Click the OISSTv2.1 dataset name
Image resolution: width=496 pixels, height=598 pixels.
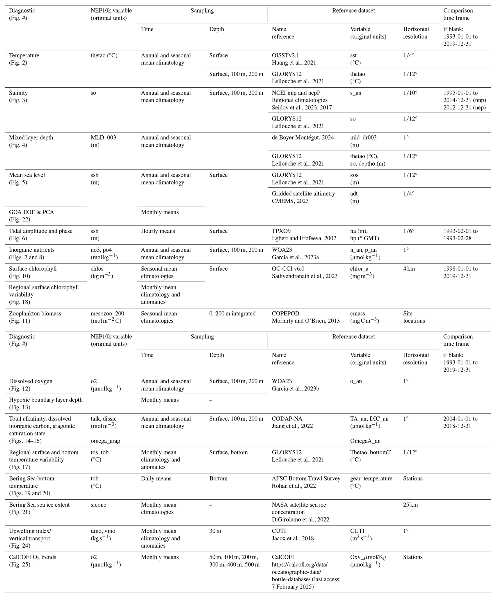coord(285,55)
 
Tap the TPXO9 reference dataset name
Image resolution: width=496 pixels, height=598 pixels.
coord(281,231)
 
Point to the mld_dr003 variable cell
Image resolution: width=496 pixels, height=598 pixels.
coord(363,137)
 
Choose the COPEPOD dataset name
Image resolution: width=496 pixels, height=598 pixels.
coord(285,314)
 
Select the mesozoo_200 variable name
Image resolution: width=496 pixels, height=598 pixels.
coord(107,314)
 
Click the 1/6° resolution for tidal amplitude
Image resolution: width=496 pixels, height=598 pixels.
coord(409,231)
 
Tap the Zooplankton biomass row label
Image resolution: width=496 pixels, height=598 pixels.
coord(35,314)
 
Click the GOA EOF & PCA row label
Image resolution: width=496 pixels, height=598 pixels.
coord(31,212)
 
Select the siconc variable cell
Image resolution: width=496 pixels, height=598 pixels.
coord(99,505)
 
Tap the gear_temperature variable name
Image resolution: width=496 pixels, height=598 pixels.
coord(371,478)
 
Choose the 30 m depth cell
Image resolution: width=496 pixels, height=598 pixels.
coord(215,531)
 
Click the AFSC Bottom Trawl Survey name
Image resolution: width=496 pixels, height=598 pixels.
coord(306,478)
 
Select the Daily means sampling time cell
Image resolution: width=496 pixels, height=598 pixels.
coord(156,478)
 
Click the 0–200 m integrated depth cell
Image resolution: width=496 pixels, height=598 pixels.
coord(232,314)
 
